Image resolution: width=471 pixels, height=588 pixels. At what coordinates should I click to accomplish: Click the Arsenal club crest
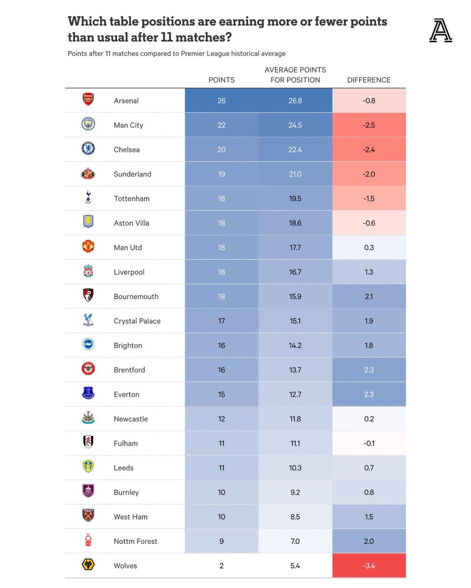click(x=88, y=100)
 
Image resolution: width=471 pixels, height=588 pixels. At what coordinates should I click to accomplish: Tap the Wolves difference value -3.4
click(x=369, y=565)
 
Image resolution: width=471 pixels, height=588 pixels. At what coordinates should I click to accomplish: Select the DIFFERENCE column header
click(x=369, y=80)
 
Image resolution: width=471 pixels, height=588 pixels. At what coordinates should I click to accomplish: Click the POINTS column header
click(x=221, y=80)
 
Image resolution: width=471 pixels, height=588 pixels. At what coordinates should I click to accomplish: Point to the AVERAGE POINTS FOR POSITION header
click(x=295, y=75)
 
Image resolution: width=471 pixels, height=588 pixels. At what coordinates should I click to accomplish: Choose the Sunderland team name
click(x=132, y=174)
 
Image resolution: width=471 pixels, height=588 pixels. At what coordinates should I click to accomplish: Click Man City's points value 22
click(x=221, y=125)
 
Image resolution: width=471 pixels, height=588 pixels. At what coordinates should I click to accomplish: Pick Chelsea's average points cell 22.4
click(x=295, y=149)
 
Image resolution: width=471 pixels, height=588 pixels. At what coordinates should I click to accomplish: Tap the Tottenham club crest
click(x=88, y=198)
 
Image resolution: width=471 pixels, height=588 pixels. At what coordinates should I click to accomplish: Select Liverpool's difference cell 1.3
click(x=369, y=272)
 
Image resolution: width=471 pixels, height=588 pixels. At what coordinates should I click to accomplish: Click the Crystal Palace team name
click(x=137, y=321)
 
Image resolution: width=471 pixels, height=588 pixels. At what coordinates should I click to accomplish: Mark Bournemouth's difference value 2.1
click(x=369, y=296)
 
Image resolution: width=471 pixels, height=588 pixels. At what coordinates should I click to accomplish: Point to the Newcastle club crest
click(x=88, y=418)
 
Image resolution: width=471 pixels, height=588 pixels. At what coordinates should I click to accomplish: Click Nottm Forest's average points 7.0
click(x=295, y=541)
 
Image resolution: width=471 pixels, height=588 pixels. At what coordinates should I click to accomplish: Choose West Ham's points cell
click(x=221, y=516)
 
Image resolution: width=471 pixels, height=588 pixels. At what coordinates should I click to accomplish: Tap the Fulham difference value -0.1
click(x=369, y=443)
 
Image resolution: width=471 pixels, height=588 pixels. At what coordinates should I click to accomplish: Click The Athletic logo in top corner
click(x=440, y=31)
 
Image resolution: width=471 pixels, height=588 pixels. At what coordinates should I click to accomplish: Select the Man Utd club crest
click(x=88, y=246)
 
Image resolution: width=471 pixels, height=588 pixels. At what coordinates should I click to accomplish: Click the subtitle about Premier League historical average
click(x=177, y=53)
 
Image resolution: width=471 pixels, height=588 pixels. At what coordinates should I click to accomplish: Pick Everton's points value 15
click(x=221, y=394)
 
